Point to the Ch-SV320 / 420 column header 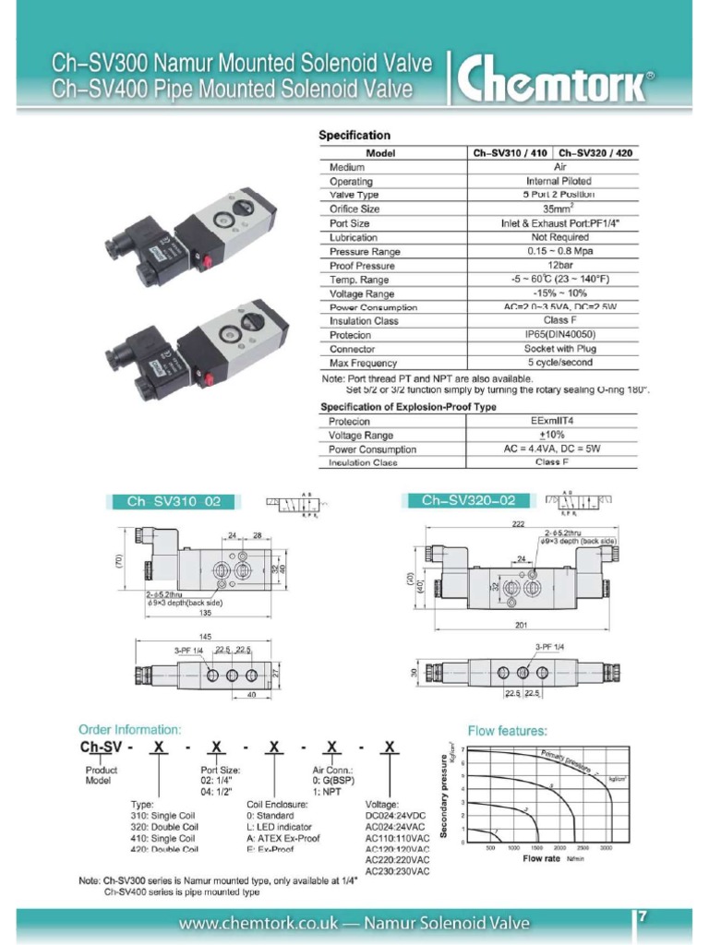(x=597, y=153)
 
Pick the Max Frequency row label (x=364, y=364)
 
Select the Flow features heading (x=508, y=730)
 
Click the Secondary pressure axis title (x=445, y=795)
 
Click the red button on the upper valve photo (x=207, y=262)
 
